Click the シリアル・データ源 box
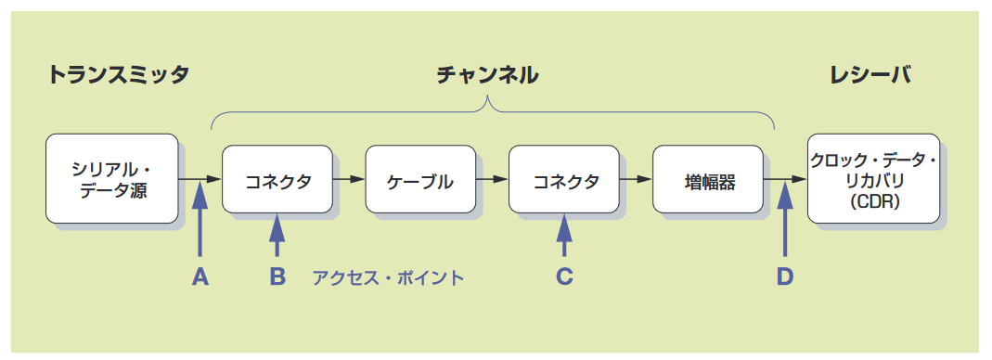coord(110,179)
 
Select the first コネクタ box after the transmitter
coord(277,179)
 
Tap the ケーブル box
coord(420,179)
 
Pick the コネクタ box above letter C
coord(564,179)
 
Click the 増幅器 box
coord(707,179)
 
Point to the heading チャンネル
coord(488,76)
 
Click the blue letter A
coord(200,276)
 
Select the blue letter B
coord(277,276)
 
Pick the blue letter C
coord(564,276)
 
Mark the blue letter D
coord(785,276)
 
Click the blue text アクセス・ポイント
coord(387,277)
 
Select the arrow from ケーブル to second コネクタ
coord(491,179)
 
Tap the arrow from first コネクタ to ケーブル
coord(348,179)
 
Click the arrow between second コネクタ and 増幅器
coord(635,179)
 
